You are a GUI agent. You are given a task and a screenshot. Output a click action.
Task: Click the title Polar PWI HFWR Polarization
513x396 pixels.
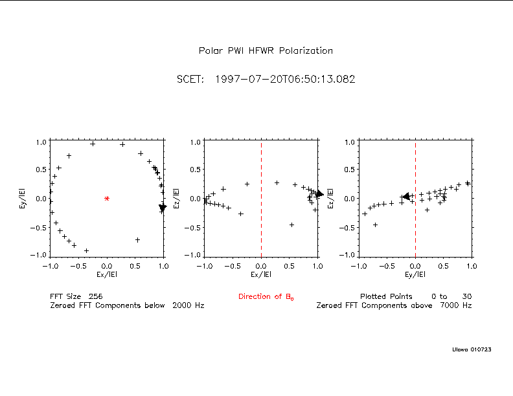pos(266,50)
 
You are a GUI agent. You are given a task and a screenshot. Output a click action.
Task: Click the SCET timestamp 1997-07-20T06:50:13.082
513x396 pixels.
pos(266,80)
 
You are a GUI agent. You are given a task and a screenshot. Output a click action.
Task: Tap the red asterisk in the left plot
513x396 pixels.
pos(107,199)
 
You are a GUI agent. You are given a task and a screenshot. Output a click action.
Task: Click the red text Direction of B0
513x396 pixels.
pos(266,297)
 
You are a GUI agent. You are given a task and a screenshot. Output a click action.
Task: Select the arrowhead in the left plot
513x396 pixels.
pos(163,207)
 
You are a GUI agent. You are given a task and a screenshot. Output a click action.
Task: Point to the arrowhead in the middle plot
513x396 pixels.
pos(319,193)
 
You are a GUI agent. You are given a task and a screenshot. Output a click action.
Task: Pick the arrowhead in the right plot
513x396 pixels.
pos(405,197)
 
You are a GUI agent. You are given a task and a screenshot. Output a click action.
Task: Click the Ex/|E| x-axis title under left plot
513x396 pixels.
pos(107,274)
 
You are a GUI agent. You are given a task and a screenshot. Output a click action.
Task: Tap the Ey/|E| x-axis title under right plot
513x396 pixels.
pos(415,274)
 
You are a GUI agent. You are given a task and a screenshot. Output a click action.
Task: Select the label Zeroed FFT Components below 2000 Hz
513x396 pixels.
pos(127,305)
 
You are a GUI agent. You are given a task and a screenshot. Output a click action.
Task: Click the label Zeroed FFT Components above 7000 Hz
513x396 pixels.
pos(394,305)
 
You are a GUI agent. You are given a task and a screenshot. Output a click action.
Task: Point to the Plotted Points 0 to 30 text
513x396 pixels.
pos(416,296)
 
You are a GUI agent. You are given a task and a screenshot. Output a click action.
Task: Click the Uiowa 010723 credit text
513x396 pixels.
pos(472,349)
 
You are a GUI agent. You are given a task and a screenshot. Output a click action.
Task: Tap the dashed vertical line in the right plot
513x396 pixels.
pos(415,226)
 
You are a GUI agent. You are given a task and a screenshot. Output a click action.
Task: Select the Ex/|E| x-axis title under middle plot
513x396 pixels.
pos(261,274)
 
